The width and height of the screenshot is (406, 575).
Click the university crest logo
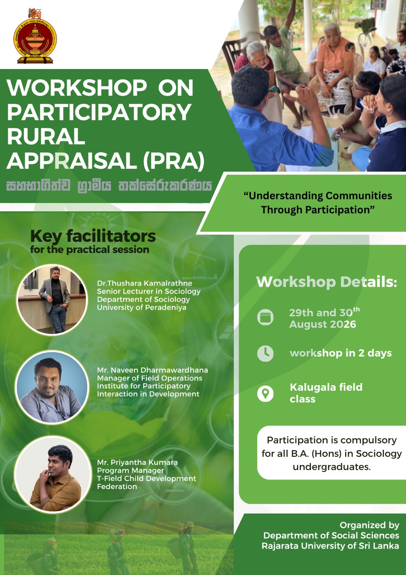pyautogui.click(x=35, y=36)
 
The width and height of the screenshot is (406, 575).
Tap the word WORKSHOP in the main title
pyautogui.click(x=77, y=88)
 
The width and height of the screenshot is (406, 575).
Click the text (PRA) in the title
pyautogui.click(x=174, y=161)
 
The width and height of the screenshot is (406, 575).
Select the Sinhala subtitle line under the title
pyautogui.click(x=109, y=185)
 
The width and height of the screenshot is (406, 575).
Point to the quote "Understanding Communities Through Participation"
pyautogui.click(x=318, y=203)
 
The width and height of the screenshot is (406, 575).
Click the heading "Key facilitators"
pyautogui.click(x=93, y=236)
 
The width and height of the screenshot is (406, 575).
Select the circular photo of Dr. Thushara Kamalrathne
pyautogui.click(x=52, y=300)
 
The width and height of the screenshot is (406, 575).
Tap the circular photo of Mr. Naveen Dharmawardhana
pyautogui.click(x=52, y=387)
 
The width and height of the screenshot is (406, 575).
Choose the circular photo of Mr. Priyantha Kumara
pyautogui.click(x=52, y=474)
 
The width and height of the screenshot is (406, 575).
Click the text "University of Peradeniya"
pyautogui.click(x=141, y=308)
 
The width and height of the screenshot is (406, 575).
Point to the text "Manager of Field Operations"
pyautogui.click(x=150, y=378)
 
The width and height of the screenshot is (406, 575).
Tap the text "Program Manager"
pyautogui.click(x=131, y=470)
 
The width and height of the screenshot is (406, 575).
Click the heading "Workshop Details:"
pyautogui.click(x=327, y=282)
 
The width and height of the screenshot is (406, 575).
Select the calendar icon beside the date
pyautogui.click(x=265, y=317)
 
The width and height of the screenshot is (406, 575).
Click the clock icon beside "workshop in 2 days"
pyautogui.click(x=265, y=354)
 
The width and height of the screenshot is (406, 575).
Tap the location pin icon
pyautogui.click(x=265, y=394)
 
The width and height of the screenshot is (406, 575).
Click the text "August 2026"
pyautogui.click(x=323, y=324)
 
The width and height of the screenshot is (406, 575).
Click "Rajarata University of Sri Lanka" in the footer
pyautogui.click(x=330, y=546)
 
